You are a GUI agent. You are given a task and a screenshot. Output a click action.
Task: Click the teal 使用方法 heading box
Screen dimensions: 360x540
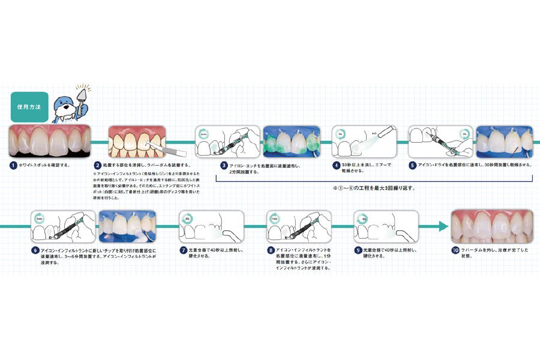click(x=28, y=107)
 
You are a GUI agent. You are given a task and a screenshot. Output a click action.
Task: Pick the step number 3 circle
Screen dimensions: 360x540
click(x=224, y=165)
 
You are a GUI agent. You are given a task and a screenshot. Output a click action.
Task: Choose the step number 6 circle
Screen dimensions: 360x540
click(x=35, y=250)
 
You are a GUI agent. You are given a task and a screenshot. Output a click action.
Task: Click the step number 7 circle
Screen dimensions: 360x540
click(x=184, y=250)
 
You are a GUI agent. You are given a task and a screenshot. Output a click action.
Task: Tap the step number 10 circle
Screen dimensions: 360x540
click(x=455, y=250)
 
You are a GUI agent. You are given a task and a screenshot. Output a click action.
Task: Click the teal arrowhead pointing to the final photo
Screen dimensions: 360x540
click(x=443, y=226)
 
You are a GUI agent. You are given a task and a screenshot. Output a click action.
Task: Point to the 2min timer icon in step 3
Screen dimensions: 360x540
click(x=203, y=134)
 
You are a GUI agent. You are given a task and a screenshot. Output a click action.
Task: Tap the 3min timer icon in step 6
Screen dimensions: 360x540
click(x=39, y=219)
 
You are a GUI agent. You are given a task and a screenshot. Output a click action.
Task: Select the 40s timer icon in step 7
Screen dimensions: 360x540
click(x=188, y=219)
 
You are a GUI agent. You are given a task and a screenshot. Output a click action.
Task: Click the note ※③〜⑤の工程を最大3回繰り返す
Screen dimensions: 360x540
click(x=374, y=188)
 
